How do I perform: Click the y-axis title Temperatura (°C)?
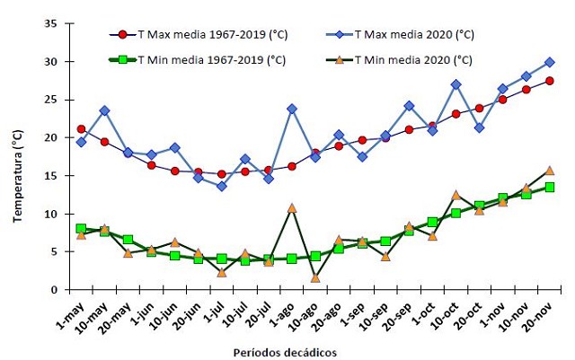coord(15,157)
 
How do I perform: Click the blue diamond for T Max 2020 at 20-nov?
coord(549,62)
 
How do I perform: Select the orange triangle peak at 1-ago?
coord(292,207)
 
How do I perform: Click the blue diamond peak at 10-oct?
coord(456,84)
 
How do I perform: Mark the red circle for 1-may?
coord(82,129)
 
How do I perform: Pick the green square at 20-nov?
coord(549,187)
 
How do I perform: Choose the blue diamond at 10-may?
coord(105,110)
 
